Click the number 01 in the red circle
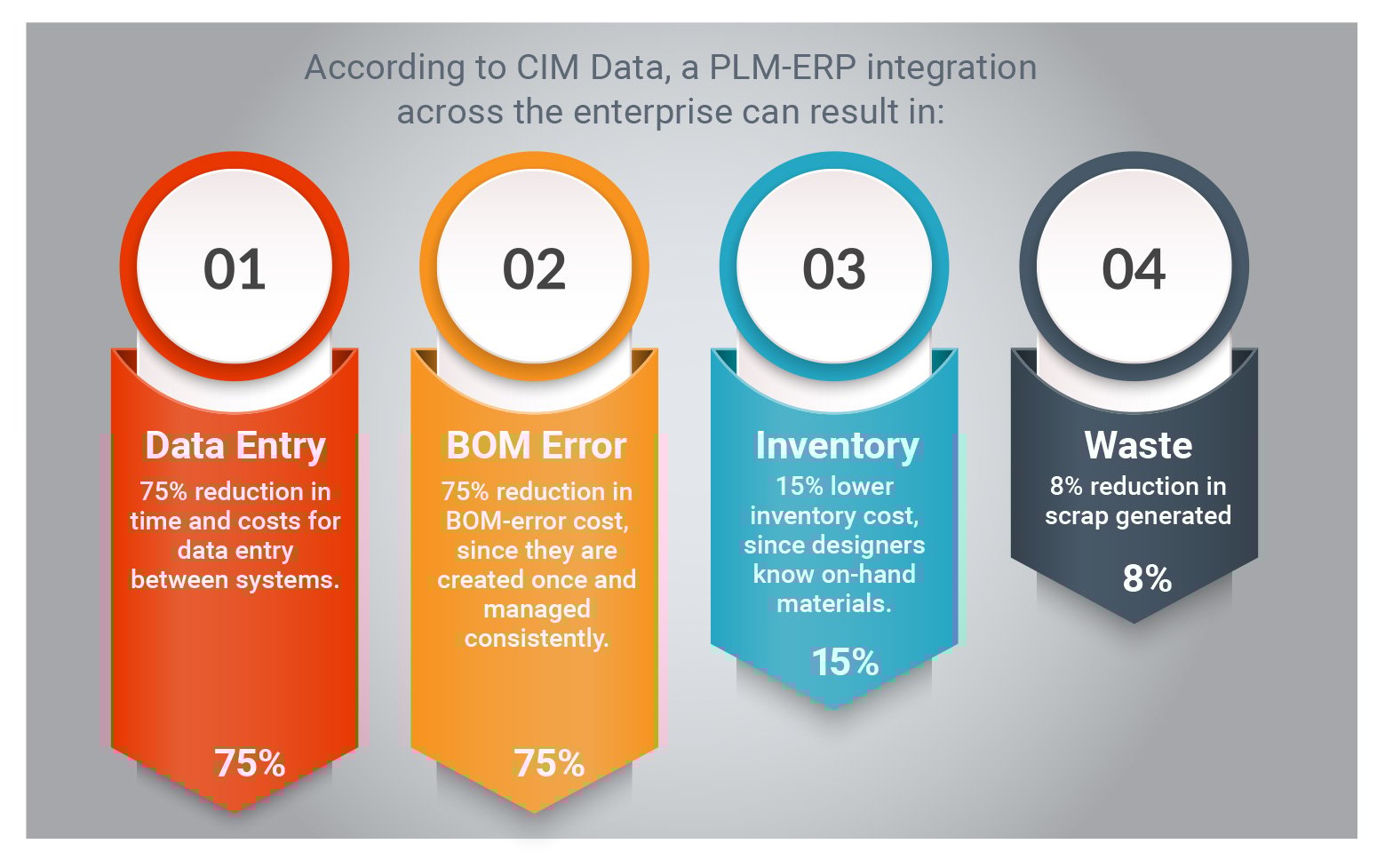pos(235,269)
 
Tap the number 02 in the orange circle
pos(534,269)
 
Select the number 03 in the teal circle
pos(833,269)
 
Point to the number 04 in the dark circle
pos(1134,269)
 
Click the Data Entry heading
pos(235,446)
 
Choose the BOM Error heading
pos(536,446)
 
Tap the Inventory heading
pos(836,446)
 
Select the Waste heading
pos(1138,445)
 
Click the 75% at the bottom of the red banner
pos(250,763)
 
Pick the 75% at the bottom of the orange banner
pos(549,763)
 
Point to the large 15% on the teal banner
pos(845,662)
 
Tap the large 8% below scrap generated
pos(1147,578)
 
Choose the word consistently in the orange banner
pos(537,639)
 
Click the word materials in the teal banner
pos(833,604)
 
